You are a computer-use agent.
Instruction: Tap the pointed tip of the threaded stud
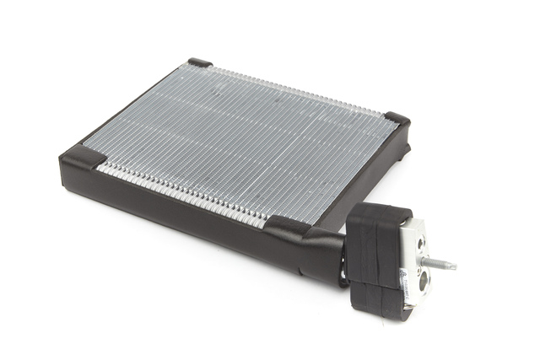(x=454, y=266)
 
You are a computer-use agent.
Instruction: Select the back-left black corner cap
(x=200, y=62)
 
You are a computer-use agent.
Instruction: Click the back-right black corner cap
(x=397, y=120)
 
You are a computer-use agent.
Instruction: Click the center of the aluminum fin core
(x=245, y=139)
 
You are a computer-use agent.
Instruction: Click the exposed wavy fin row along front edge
(x=186, y=190)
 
